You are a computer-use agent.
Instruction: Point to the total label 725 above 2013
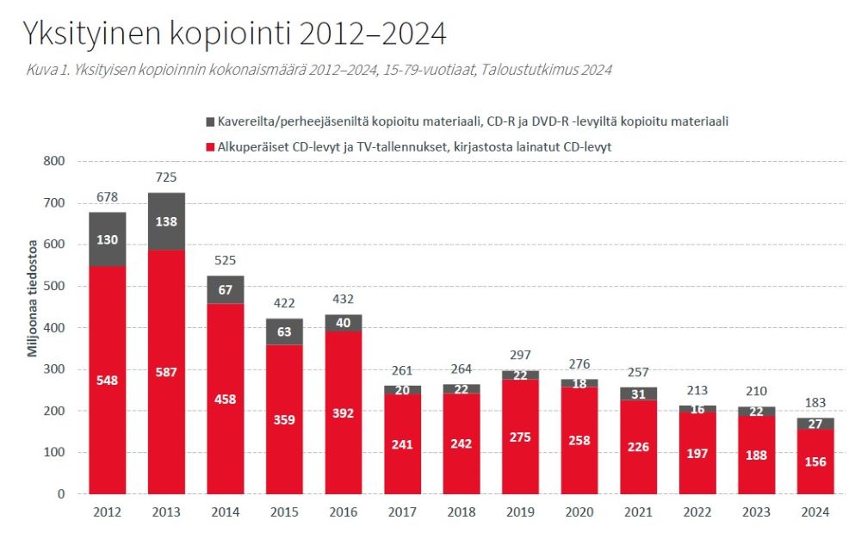click(x=166, y=177)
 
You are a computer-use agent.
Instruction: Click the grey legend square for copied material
click(x=210, y=122)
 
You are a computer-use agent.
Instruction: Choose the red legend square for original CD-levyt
click(x=210, y=148)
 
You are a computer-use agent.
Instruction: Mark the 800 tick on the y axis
click(x=53, y=161)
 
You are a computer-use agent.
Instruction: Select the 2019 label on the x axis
click(x=520, y=512)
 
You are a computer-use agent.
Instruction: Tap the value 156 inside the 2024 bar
click(x=815, y=462)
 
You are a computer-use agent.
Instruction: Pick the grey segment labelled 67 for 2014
click(x=225, y=289)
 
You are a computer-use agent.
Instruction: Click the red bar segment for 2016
click(x=343, y=413)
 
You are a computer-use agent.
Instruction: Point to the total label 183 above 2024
click(x=815, y=404)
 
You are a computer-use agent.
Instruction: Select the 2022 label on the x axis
click(x=697, y=512)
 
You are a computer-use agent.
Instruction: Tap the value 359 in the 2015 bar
click(x=284, y=420)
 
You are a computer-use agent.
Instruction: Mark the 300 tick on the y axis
click(x=53, y=369)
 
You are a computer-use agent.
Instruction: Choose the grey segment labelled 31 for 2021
click(x=638, y=394)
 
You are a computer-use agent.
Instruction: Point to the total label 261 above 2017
click(x=402, y=371)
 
